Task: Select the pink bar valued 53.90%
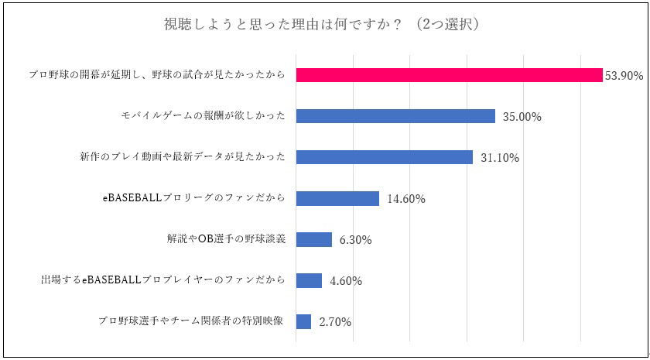[449, 75]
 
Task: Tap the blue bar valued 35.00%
[395, 116]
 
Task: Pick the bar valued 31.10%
[385, 157]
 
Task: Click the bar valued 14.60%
[337, 198]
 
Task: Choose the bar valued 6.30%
[314, 239]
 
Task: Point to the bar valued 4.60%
[309, 280]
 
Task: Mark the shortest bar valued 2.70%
[303, 321]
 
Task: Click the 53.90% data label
[623, 76]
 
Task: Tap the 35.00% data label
[522, 117]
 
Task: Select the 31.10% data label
[499, 158]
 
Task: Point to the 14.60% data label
[406, 199]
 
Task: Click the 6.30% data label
[355, 240]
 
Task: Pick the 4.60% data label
[346, 281]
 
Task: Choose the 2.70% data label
[335, 322]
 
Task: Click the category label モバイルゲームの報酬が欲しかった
[204, 116]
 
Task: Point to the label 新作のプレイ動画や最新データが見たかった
[183, 157]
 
